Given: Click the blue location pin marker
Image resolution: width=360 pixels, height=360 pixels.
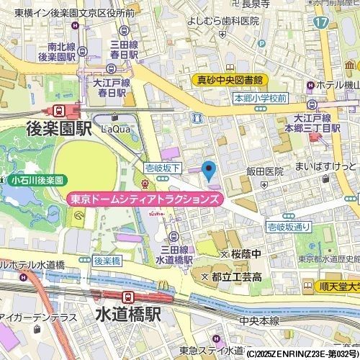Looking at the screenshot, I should [210, 171].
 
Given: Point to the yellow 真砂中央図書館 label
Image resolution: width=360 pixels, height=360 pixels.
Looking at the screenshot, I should [230, 80].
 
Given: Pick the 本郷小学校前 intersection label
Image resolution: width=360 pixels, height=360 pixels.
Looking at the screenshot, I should [260, 98].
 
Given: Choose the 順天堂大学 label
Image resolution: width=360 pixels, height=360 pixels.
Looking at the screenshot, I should [338, 286].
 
